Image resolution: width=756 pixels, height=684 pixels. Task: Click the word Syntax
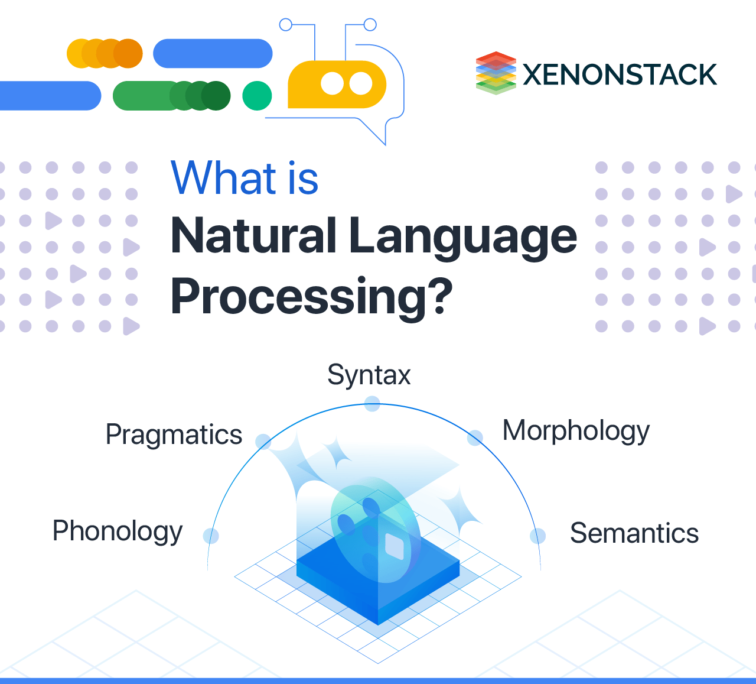(x=369, y=375)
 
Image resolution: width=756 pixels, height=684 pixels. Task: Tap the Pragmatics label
(x=174, y=435)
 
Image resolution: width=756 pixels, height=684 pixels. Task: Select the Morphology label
(x=576, y=432)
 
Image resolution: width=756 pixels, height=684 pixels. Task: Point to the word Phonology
(x=118, y=531)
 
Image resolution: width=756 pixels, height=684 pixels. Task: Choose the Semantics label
(x=634, y=533)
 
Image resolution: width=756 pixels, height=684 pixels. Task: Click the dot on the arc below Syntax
(x=372, y=404)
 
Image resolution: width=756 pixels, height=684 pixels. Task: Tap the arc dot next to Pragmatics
(x=263, y=441)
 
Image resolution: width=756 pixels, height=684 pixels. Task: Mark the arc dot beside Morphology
(x=475, y=438)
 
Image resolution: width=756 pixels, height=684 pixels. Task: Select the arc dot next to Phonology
(x=211, y=536)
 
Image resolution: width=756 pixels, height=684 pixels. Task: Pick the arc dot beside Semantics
(x=537, y=536)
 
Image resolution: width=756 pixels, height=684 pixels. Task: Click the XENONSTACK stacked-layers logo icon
(x=496, y=73)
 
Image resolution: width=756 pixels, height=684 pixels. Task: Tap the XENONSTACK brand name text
(x=620, y=75)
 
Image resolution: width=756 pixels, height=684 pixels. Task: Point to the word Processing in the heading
(x=295, y=297)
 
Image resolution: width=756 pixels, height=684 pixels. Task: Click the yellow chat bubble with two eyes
(x=337, y=85)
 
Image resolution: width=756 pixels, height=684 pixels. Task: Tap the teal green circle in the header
(x=257, y=96)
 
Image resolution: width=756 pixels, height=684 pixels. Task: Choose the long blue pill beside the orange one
(x=213, y=54)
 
